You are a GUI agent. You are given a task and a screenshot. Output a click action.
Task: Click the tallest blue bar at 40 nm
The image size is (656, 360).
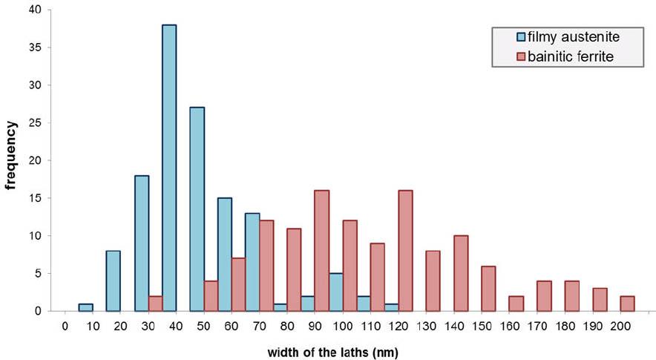(x=169, y=168)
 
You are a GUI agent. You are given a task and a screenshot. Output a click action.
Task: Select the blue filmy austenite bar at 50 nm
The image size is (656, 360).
(x=197, y=209)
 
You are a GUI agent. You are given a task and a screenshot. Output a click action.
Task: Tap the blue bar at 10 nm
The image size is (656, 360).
(x=86, y=307)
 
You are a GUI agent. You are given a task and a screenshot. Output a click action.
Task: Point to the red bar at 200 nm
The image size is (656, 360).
(x=627, y=304)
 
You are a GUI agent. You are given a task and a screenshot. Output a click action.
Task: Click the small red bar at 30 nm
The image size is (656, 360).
(x=155, y=304)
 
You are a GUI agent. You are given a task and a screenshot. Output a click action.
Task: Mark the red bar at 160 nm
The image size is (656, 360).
(x=516, y=304)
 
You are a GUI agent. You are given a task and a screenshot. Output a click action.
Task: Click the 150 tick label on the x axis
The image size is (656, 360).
(x=488, y=326)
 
